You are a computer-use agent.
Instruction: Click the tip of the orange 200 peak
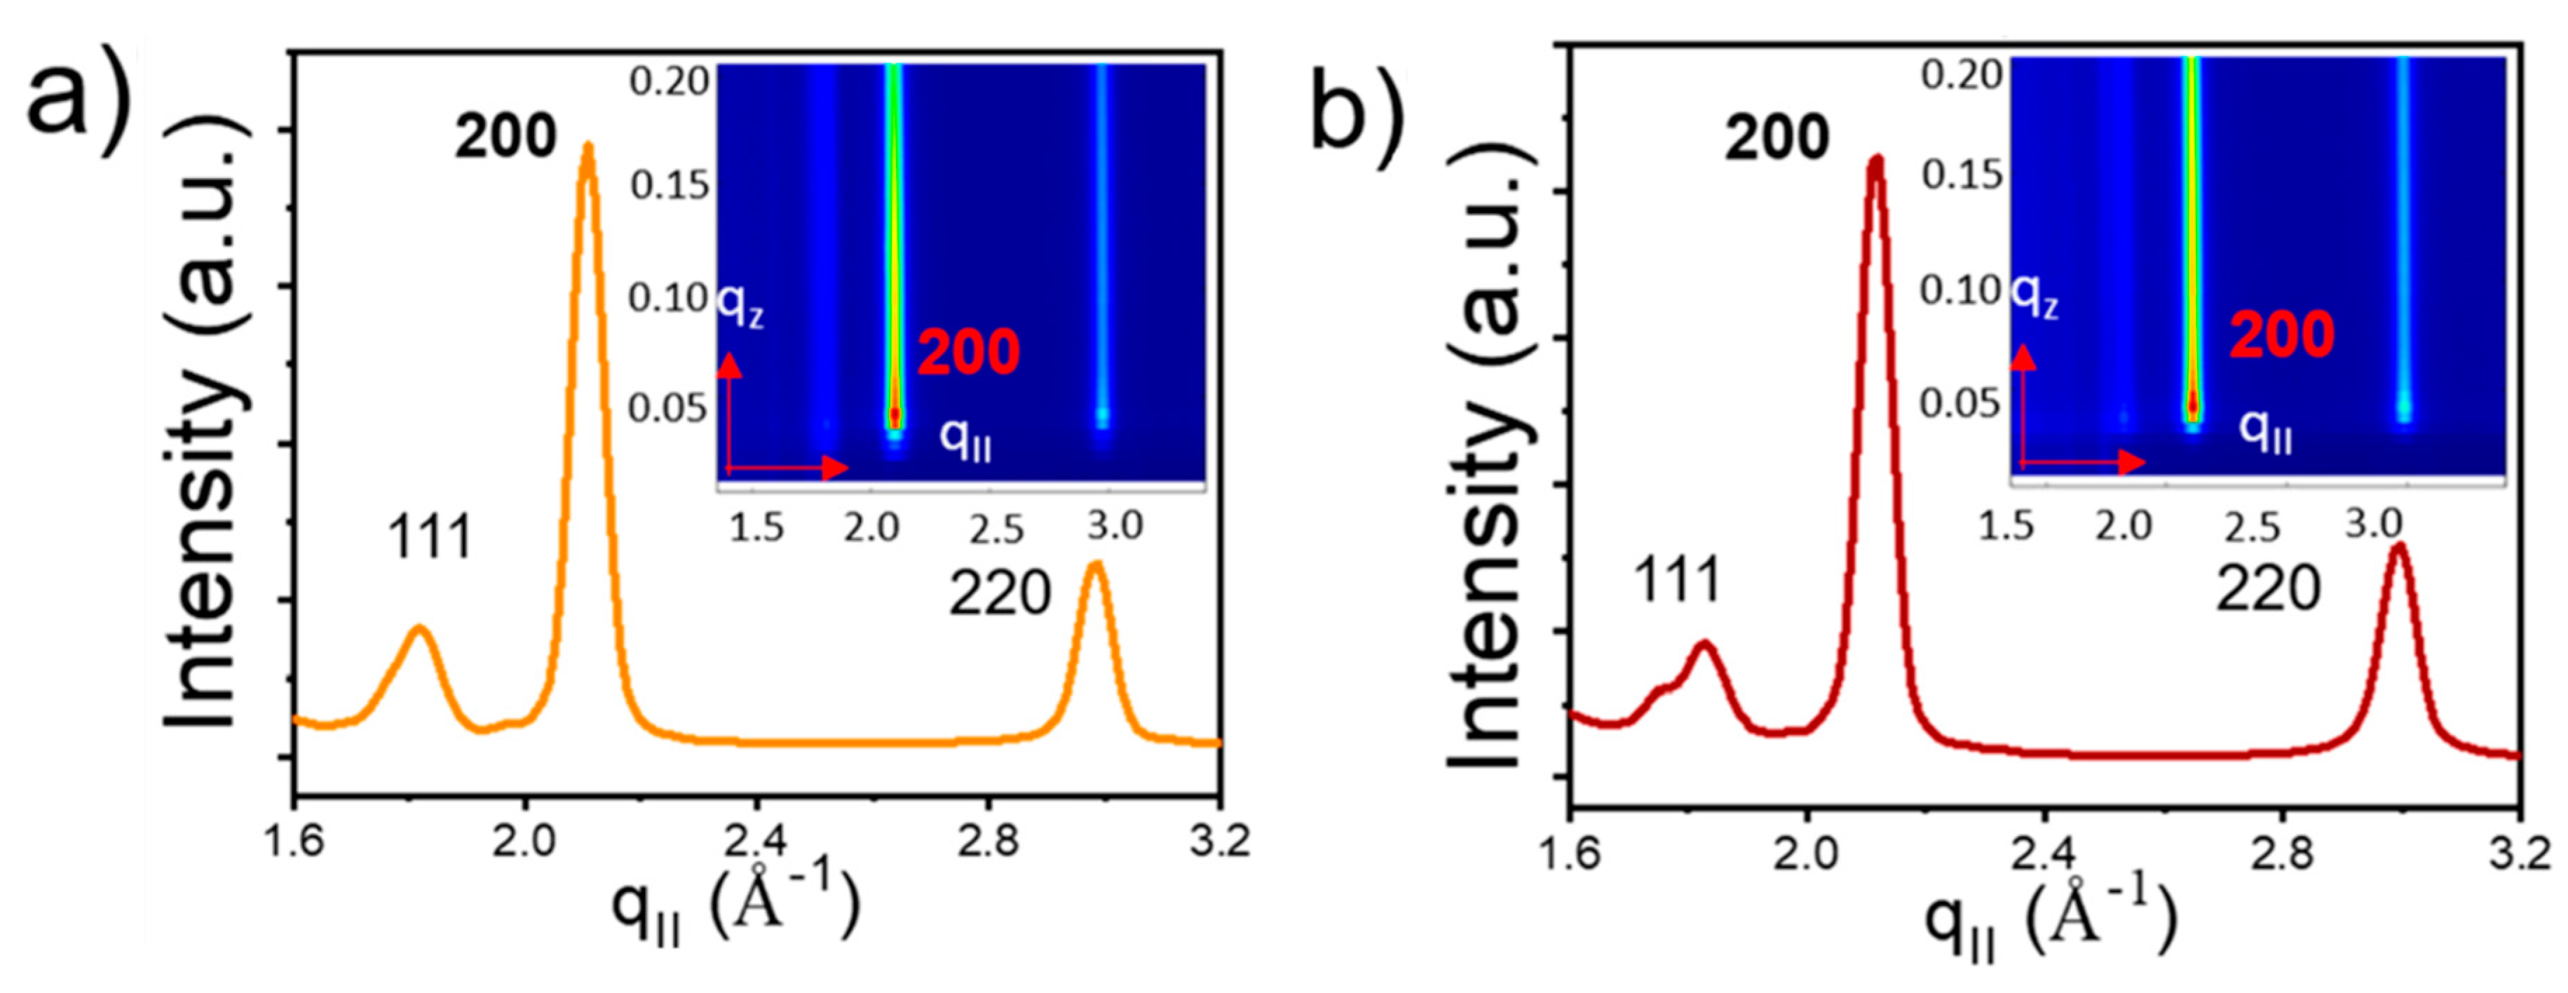588,147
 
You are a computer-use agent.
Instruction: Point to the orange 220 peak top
1096,565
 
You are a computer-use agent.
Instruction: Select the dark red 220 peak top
2398,546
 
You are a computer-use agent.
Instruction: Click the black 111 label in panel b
1677,580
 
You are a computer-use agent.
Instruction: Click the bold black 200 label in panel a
505,137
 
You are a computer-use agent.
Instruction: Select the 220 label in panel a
1000,594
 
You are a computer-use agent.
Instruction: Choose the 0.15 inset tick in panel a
669,184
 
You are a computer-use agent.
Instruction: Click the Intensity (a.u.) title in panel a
205,424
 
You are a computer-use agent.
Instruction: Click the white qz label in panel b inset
2034,295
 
